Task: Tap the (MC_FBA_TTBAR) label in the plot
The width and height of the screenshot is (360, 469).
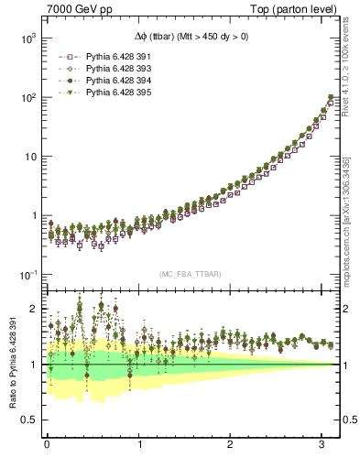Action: coord(190,275)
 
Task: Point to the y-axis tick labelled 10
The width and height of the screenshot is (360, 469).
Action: coord(31,157)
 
